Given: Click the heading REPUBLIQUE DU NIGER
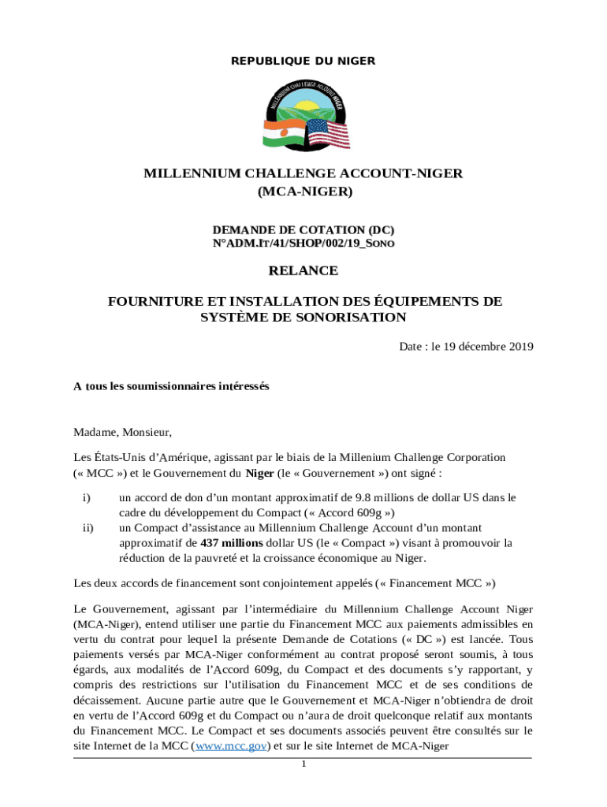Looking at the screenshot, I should click(303, 61).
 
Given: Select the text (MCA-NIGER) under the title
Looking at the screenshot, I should click(303, 192).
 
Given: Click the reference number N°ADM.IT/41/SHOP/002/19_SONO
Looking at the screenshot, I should click(303, 244).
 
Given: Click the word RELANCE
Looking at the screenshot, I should click(303, 271).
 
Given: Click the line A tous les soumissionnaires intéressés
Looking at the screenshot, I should click(171, 386).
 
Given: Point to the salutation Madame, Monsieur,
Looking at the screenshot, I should click(122, 432).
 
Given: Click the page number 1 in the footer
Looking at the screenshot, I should click(303, 764).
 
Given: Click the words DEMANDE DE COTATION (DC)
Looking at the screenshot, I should click(303, 229).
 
